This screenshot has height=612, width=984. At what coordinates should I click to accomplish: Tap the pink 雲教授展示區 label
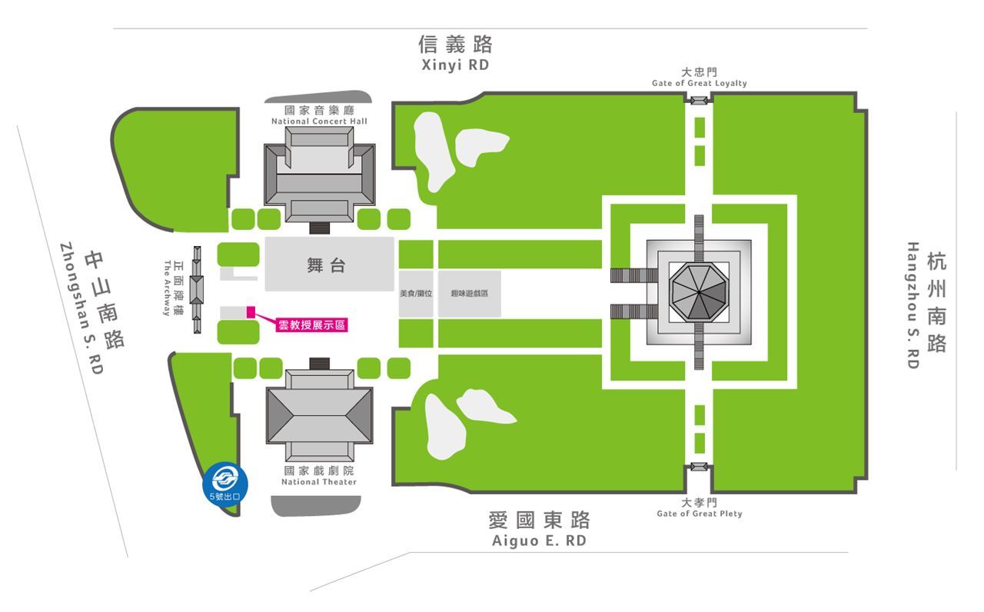311,325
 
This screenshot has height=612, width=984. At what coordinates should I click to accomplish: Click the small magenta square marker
250,311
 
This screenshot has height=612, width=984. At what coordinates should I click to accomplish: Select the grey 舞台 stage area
329,264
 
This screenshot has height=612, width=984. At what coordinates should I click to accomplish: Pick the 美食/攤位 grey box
416,294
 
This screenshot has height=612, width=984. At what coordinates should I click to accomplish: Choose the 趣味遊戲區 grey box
470,294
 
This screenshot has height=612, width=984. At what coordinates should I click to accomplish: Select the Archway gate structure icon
197,290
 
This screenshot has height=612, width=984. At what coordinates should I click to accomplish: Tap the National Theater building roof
319,415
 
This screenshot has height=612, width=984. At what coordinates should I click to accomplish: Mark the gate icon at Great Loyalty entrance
698,101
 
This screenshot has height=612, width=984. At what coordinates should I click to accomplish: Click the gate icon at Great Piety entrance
698,467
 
